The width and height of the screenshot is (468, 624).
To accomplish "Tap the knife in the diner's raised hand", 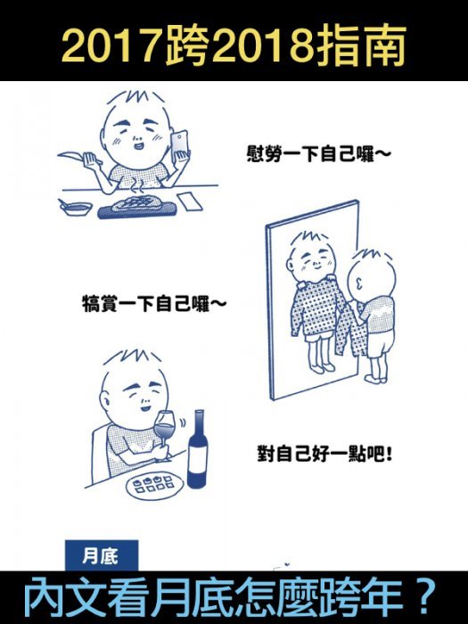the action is (75, 155).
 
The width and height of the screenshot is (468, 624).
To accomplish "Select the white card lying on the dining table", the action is (189, 201).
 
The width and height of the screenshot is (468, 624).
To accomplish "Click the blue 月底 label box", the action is (102, 555).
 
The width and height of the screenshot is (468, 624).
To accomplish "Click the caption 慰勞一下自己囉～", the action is (318, 153).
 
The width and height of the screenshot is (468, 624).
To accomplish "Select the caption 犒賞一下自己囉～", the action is (154, 304).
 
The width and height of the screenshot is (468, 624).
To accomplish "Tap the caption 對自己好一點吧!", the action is (324, 454).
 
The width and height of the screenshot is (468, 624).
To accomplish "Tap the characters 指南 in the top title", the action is (361, 45).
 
